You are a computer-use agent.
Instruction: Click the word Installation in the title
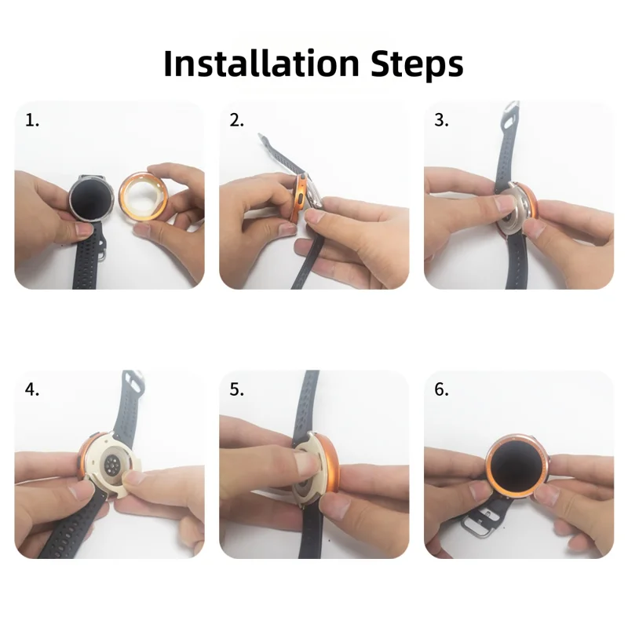click(261, 64)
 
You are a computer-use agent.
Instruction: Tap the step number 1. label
click(32, 120)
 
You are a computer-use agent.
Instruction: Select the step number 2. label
click(237, 120)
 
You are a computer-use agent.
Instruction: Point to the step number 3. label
click(441, 120)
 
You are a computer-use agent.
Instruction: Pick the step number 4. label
click(32, 389)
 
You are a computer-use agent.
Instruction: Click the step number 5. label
click(237, 389)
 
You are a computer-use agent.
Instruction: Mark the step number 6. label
click(441, 389)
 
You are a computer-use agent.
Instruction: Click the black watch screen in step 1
click(91, 199)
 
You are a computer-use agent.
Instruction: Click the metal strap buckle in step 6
click(477, 523)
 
